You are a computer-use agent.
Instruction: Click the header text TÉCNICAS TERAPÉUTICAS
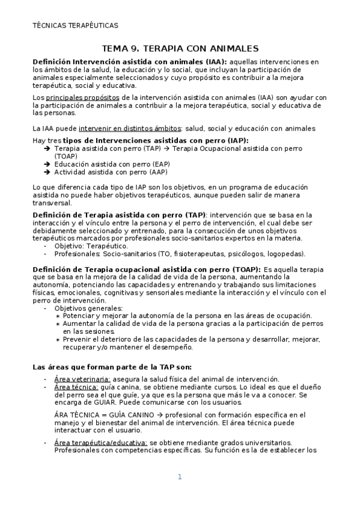(75, 25)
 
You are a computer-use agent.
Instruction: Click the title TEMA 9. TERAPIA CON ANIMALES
(180, 48)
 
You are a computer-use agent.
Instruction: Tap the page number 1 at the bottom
(179, 477)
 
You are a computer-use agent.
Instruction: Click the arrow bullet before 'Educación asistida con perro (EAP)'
(47, 164)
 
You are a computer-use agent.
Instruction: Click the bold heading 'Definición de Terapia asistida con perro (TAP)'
(118, 214)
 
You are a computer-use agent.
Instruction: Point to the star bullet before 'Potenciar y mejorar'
(57, 316)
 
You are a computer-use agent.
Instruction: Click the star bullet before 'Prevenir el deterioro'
(57, 339)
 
